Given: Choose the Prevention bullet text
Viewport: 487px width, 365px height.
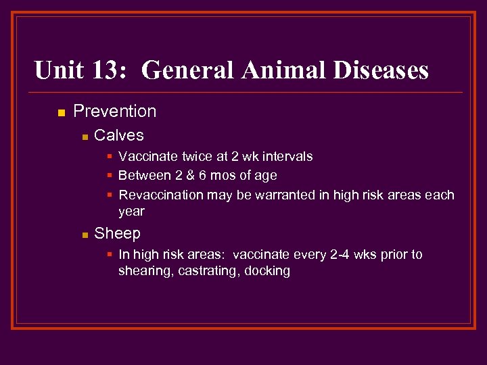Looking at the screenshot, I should click(x=114, y=112).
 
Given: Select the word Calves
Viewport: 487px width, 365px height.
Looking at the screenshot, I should click(x=119, y=135).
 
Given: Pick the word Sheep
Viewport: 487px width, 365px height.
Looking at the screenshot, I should click(x=117, y=234).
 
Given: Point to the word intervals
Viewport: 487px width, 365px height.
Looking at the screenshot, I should click(x=287, y=157).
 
